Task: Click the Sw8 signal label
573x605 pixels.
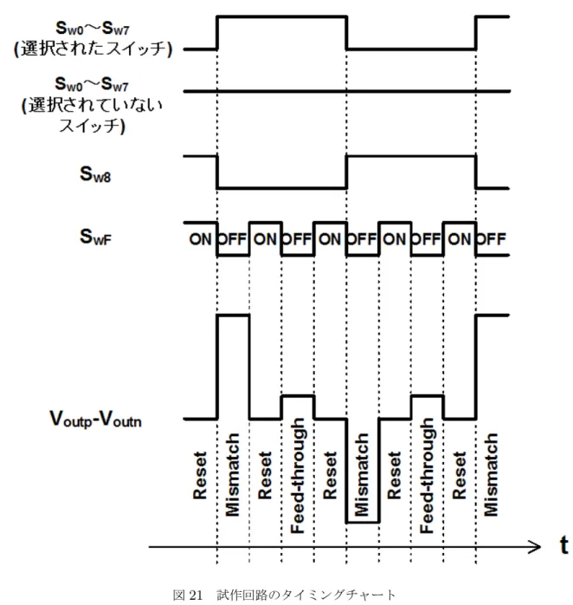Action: pos(95,174)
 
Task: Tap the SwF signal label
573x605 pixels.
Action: pos(95,237)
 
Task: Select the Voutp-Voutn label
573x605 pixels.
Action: pos(95,419)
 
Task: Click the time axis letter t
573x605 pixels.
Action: pos(563,545)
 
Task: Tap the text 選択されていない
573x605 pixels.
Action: pos(95,105)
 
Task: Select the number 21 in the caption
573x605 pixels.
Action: pos(196,595)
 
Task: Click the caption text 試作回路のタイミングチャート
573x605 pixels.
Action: pos(306,595)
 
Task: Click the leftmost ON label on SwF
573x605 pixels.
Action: pos(200,239)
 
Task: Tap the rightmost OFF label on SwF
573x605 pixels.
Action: pos(491,239)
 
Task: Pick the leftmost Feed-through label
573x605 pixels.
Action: pos(298,475)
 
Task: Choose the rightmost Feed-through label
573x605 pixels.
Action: pos(427,475)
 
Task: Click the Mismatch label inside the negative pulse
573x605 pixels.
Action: pos(362,475)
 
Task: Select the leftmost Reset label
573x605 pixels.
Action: pos(200,475)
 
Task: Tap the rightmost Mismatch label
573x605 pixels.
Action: pos(491,475)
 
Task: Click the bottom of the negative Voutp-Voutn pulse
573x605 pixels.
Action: pos(363,523)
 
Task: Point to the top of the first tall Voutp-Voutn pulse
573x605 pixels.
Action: pos(234,316)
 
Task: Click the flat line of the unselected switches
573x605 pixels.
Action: pos(347,92)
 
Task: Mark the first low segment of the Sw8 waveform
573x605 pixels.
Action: pos(282,188)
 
